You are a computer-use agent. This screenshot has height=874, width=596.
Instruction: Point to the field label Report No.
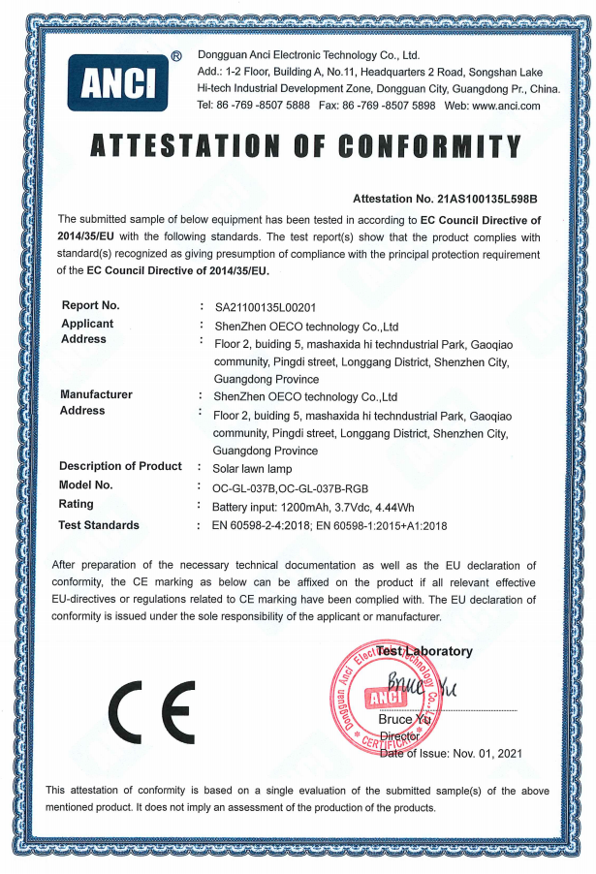[x=90, y=306]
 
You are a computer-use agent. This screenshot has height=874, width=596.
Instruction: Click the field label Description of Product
[x=120, y=466]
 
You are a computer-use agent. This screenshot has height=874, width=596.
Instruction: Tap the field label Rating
[x=77, y=504]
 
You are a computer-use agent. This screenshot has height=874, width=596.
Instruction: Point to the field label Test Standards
[x=99, y=525]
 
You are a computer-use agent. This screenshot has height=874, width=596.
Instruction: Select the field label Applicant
[x=86, y=324]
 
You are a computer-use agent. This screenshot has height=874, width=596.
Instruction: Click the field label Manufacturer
[x=96, y=394]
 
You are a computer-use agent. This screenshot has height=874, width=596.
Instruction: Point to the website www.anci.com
[x=507, y=106]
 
